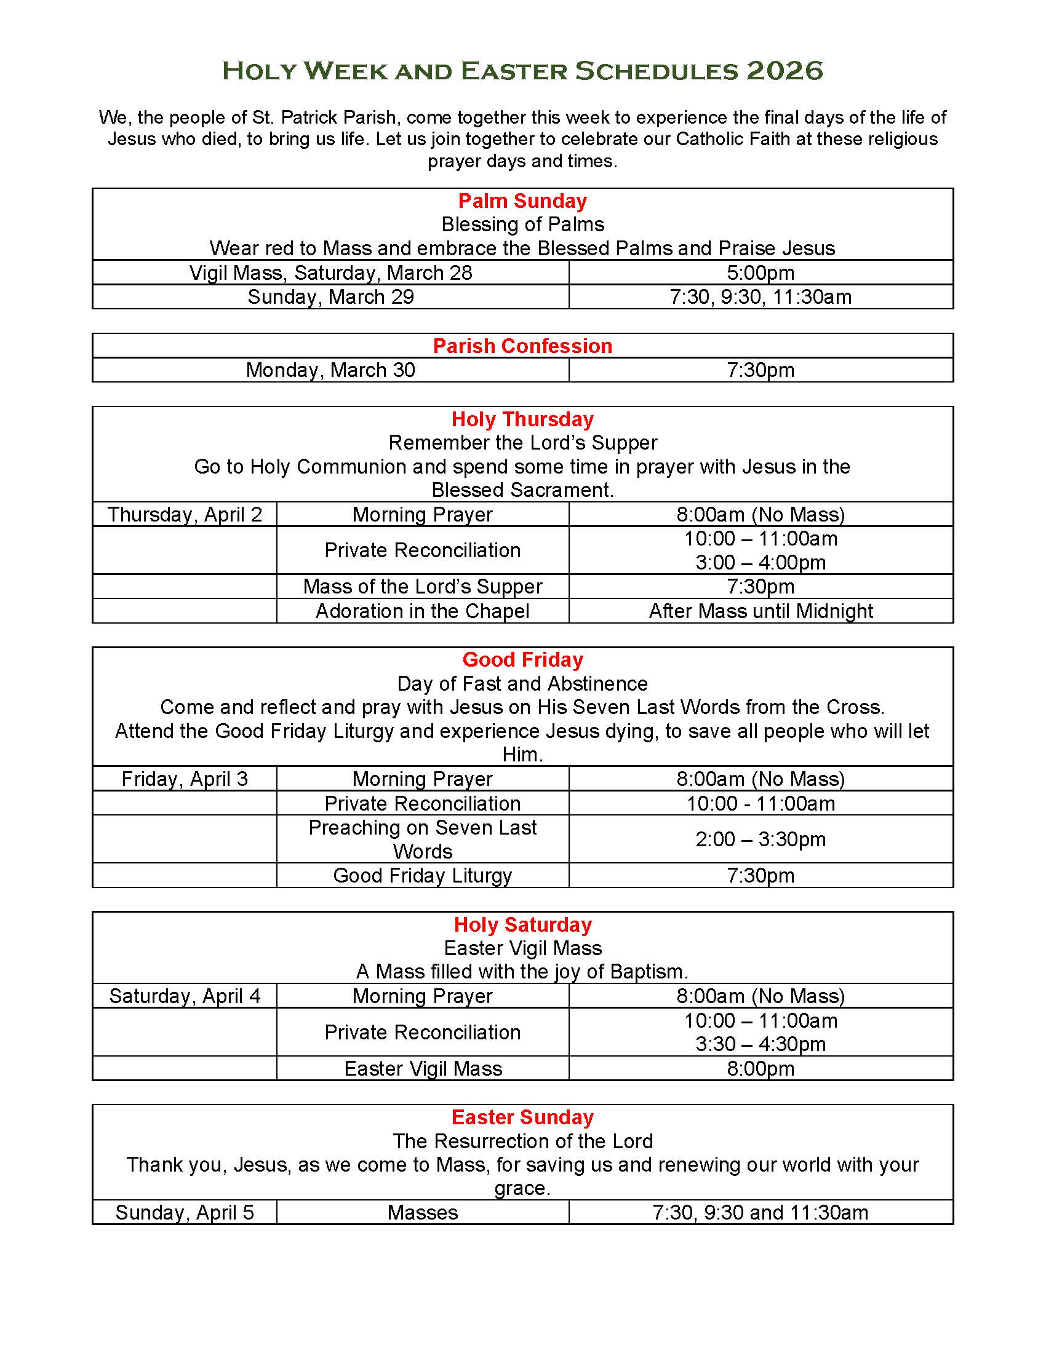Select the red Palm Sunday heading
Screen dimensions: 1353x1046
(522, 200)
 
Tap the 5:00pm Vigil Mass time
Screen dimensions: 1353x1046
(761, 272)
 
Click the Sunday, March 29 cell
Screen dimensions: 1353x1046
(330, 297)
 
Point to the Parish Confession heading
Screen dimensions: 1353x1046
(522, 346)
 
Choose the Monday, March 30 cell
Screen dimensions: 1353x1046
(330, 370)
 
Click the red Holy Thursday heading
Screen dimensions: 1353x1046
(522, 419)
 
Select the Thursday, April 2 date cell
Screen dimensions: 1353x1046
(185, 514)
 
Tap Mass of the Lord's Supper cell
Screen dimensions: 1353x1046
(423, 586)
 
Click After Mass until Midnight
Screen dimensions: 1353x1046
(761, 611)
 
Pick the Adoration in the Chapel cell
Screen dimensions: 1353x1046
(423, 611)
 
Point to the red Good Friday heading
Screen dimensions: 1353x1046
(522, 660)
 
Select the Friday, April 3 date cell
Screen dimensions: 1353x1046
(185, 779)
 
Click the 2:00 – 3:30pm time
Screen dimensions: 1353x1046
(761, 839)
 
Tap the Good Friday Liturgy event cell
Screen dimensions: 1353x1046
(423, 875)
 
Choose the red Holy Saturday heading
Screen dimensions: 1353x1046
(522, 924)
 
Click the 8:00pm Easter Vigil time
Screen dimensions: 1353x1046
(761, 1068)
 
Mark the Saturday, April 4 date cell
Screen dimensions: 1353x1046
(185, 996)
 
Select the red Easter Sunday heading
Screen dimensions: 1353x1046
(522, 1117)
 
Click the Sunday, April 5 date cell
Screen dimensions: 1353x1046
(185, 1212)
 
